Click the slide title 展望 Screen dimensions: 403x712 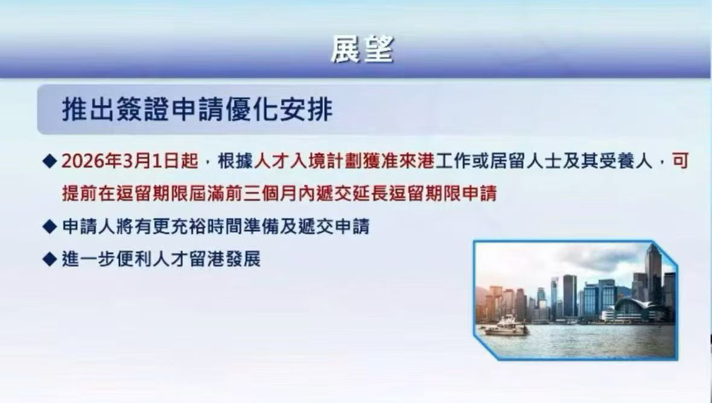coord(362,50)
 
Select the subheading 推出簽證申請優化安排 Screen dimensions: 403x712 coord(197,110)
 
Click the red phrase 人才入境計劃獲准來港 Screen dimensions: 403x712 coord(345,162)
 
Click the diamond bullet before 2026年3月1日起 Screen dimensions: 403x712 coord(49,162)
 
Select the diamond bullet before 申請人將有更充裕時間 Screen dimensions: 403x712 coord(49,227)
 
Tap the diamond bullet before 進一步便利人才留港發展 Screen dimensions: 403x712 coord(49,260)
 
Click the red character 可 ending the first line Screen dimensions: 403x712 coord(680,162)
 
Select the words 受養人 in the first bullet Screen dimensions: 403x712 coord(632,162)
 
